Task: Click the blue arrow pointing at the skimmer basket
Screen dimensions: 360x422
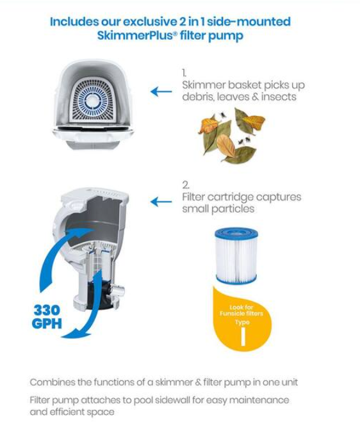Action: [x=161, y=92]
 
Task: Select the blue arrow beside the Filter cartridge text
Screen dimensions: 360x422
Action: [x=161, y=202]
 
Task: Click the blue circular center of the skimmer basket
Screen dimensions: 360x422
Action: [x=93, y=101]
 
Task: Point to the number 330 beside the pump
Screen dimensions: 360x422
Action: [x=47, y=311]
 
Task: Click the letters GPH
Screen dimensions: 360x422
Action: [x=47, y=323]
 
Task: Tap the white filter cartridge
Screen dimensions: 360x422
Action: [x=236, y=256]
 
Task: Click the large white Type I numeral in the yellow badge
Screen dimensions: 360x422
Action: [x=243, y=336]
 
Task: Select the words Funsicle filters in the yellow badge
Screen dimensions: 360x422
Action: [x=241, y=314]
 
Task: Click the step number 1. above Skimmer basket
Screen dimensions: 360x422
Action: [x=184, y=73]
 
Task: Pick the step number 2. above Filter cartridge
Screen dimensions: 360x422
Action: [x=186, y=185]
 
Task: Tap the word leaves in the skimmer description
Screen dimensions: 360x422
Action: [x=233, y=97]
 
